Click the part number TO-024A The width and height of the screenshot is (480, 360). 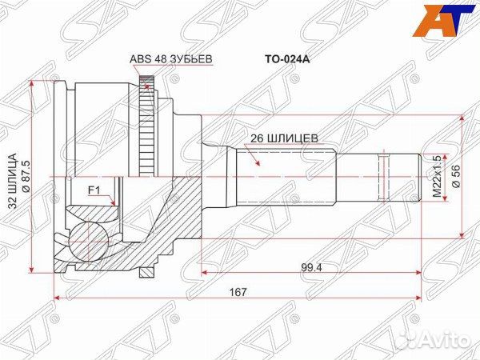coord(286,58)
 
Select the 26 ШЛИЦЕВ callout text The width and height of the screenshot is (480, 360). coord(284,137)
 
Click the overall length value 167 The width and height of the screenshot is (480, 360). coord(235,292)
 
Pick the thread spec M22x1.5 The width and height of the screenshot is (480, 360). coord(437,177)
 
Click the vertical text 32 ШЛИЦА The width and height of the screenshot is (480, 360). coord(14,175)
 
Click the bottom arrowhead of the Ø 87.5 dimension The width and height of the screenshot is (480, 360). coord(31,269)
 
